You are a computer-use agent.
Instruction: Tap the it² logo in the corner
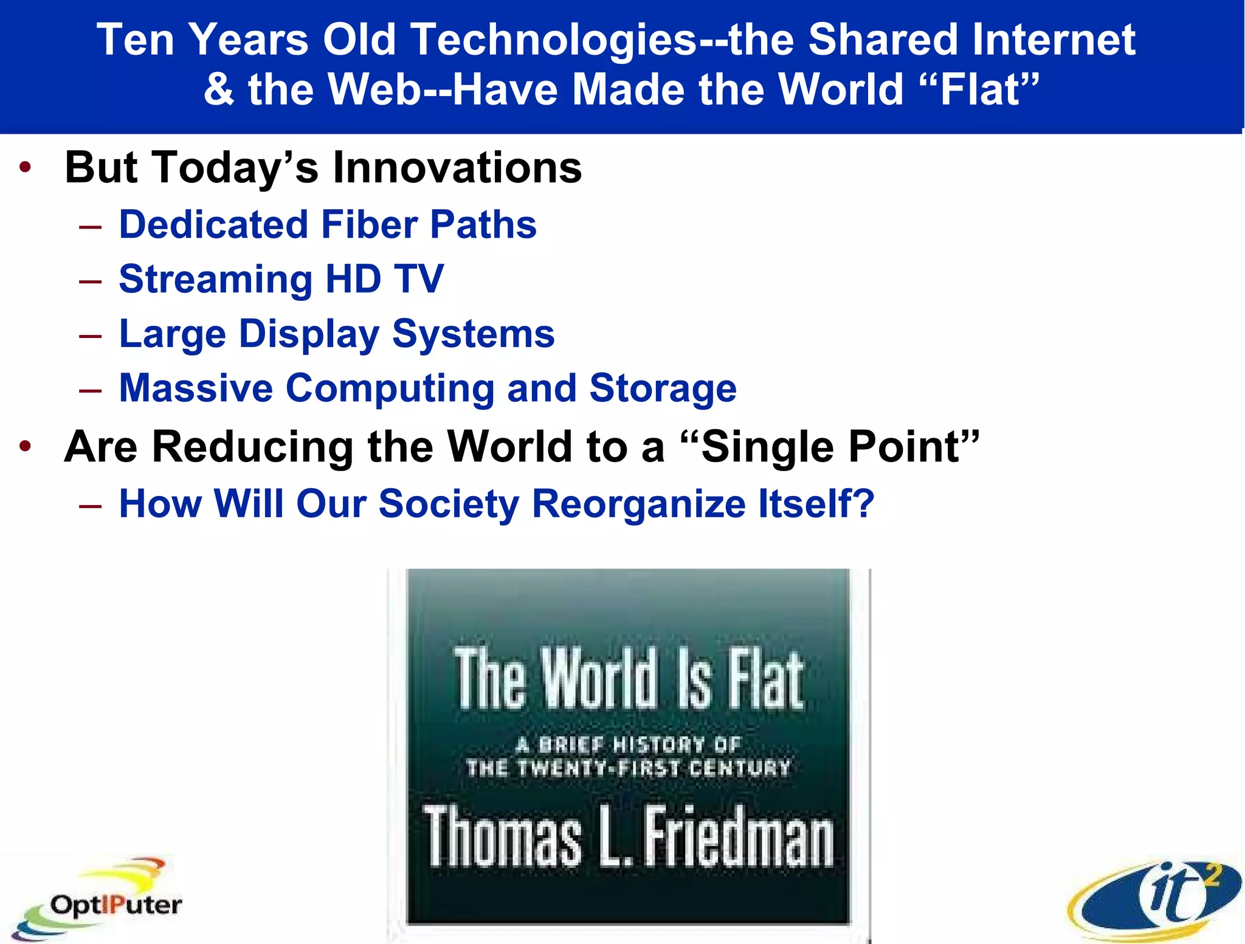(x=1155, y=899)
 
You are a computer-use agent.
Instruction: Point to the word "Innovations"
(x=457, y=168)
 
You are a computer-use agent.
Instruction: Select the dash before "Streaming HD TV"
(x=90, y=281)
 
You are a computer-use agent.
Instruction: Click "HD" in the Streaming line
(x=353, y=280)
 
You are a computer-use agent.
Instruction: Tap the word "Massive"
(x=196, y=388)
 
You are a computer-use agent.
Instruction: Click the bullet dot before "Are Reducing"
(x=25, y=447)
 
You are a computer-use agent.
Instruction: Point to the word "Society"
(x=449, y=505)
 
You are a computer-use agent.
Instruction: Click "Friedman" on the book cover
(x=738, y=838)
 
